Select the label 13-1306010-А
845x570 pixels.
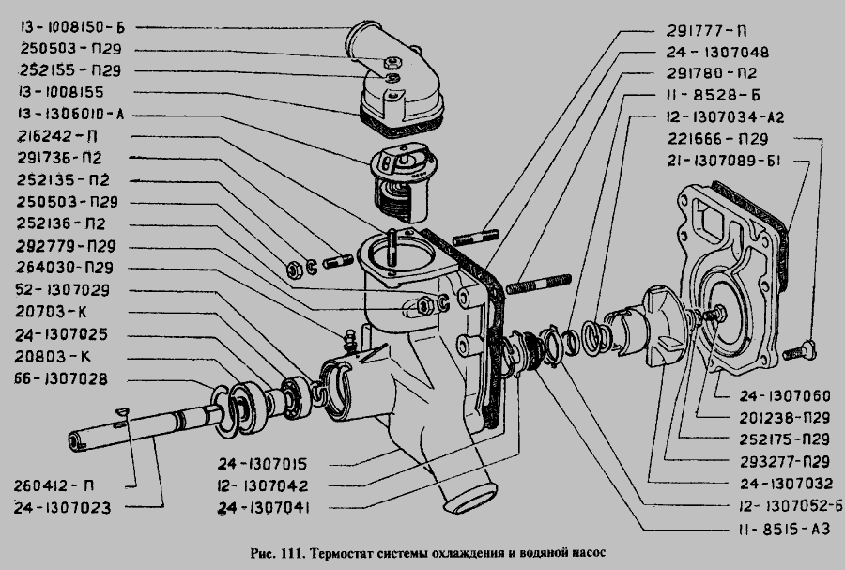[x=71, y=115]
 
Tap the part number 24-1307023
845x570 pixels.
[x=62, y=507]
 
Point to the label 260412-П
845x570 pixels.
[x=54, y=485]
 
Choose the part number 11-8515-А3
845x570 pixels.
[x=785, y=529]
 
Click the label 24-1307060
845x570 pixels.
[x=785, y=396]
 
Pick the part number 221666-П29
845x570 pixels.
[x=718, y=139]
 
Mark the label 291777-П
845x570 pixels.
[x=706, y=31]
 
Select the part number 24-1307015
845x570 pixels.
[x=263, y=464]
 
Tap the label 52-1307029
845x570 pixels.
[x=63, y=290]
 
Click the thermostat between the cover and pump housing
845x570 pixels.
[x=404, y=182]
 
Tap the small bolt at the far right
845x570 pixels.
[x=799, y=350]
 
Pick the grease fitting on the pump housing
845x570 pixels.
[x=350, y=341]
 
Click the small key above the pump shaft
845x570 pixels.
[x=122, y=412]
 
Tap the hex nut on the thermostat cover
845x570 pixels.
[x=391, y=62]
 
